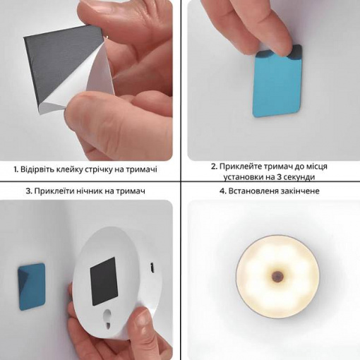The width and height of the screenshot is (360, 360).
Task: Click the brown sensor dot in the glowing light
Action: [277, 275]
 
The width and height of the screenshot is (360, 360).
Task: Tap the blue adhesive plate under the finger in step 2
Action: [277, 83]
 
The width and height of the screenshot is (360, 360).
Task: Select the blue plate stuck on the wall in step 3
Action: [32, 286]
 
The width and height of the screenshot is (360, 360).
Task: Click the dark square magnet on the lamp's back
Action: [104, 281]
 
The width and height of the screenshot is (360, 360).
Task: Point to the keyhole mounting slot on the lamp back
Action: [107, 318]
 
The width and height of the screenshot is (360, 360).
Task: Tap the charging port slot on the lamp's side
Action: [152, 268]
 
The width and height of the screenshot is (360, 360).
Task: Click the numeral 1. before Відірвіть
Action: [16, 169]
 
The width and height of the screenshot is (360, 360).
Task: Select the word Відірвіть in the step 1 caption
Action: [37, 169]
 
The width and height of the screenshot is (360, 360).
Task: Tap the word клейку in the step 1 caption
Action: [69, 169]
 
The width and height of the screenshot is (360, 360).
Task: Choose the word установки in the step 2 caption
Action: [244, 177]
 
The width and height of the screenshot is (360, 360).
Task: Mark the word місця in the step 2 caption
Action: [317, 167]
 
